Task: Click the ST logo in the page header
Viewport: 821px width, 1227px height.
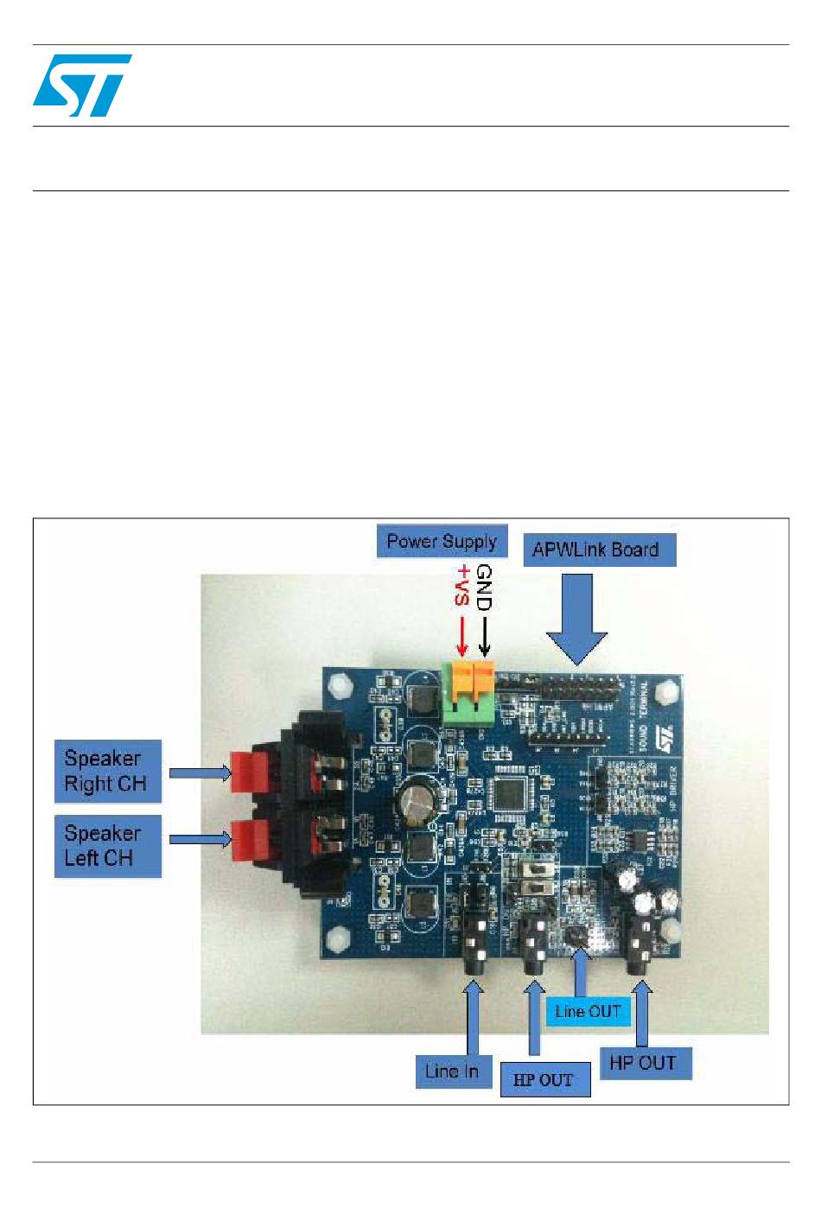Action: tap(82, 85)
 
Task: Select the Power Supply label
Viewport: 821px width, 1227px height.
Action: tap(442, 542)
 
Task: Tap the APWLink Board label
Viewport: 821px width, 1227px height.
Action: tap(599, 550)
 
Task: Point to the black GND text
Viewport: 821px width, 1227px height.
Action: tap(484, 588)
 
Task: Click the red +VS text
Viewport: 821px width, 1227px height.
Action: tap(463, 585)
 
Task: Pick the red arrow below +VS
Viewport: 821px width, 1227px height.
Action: tap(461, 636)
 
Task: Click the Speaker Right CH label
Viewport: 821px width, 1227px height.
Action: tap(107, 772)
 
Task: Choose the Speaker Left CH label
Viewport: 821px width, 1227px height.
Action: tap(107, 846)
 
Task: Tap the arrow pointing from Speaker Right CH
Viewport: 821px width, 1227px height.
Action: tap(200, 772)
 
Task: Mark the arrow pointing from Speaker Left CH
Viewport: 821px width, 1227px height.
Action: tap(200, 838)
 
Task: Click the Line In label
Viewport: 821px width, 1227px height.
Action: tap(452, 1071)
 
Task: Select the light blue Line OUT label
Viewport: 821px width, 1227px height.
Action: tap(588, 1011)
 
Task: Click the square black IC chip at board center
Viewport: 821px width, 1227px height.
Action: tap(509, 796)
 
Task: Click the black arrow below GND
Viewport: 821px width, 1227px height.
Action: tap(484, 636)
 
